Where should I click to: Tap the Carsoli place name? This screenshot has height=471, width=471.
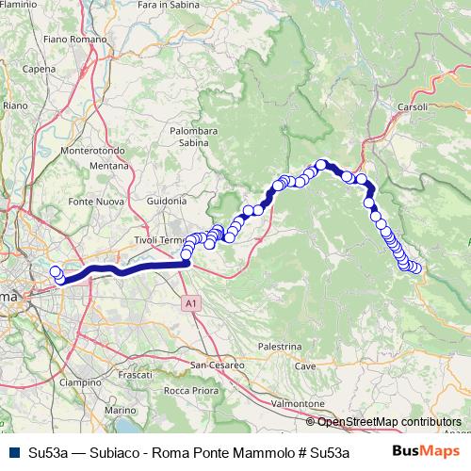pos(415,106)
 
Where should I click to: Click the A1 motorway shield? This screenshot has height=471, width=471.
pos(191,303)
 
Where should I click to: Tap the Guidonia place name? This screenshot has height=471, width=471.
pos(168,201)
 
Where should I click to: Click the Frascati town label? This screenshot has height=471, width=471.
pos(136,375)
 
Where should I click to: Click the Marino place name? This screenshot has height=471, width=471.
pos(120,411)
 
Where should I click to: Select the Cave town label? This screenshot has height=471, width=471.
pos(305,365)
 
